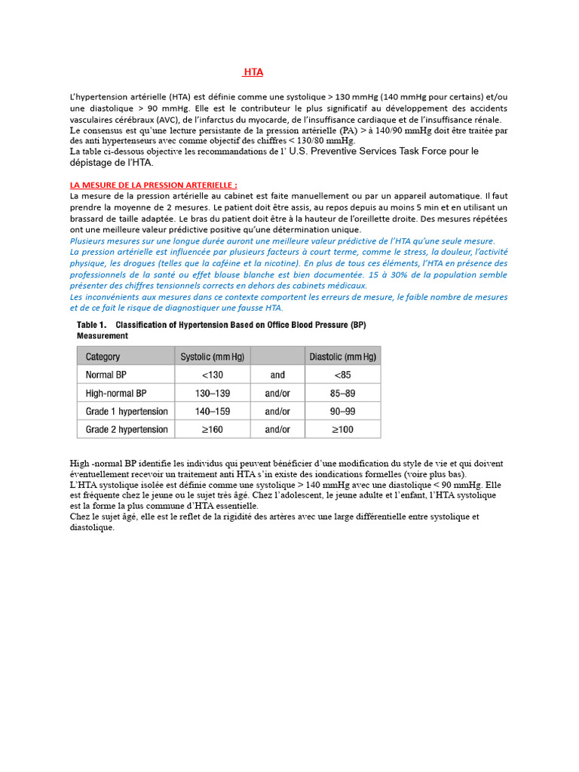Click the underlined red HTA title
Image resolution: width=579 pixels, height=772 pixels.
tap(253, 72)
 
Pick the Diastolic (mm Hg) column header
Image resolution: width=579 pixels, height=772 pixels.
tap(342, 357)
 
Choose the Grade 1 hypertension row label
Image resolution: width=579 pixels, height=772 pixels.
tap(127, 412)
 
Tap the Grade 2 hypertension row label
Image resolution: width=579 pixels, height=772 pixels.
tap(127, 430)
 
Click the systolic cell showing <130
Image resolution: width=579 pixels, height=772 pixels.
tap(212, 375)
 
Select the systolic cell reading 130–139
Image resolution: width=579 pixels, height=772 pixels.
tap(212, 394)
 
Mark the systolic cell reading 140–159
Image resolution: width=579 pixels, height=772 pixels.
tap(212, 412)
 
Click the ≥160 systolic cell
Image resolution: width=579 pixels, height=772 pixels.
tap(212, 430)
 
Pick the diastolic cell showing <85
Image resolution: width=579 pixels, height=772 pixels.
tap(342, 375)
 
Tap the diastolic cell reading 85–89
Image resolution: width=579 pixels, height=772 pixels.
tap(342, 394)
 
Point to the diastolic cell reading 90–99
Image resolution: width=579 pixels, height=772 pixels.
tap(342, 412)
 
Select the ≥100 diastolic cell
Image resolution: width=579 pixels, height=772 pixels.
tap(342, 430)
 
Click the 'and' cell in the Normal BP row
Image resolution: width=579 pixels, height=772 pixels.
tap(277, 375)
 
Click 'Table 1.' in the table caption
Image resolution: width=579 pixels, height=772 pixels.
tap(92, 325)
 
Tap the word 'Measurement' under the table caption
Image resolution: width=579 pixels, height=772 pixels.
tap(103, 335)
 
